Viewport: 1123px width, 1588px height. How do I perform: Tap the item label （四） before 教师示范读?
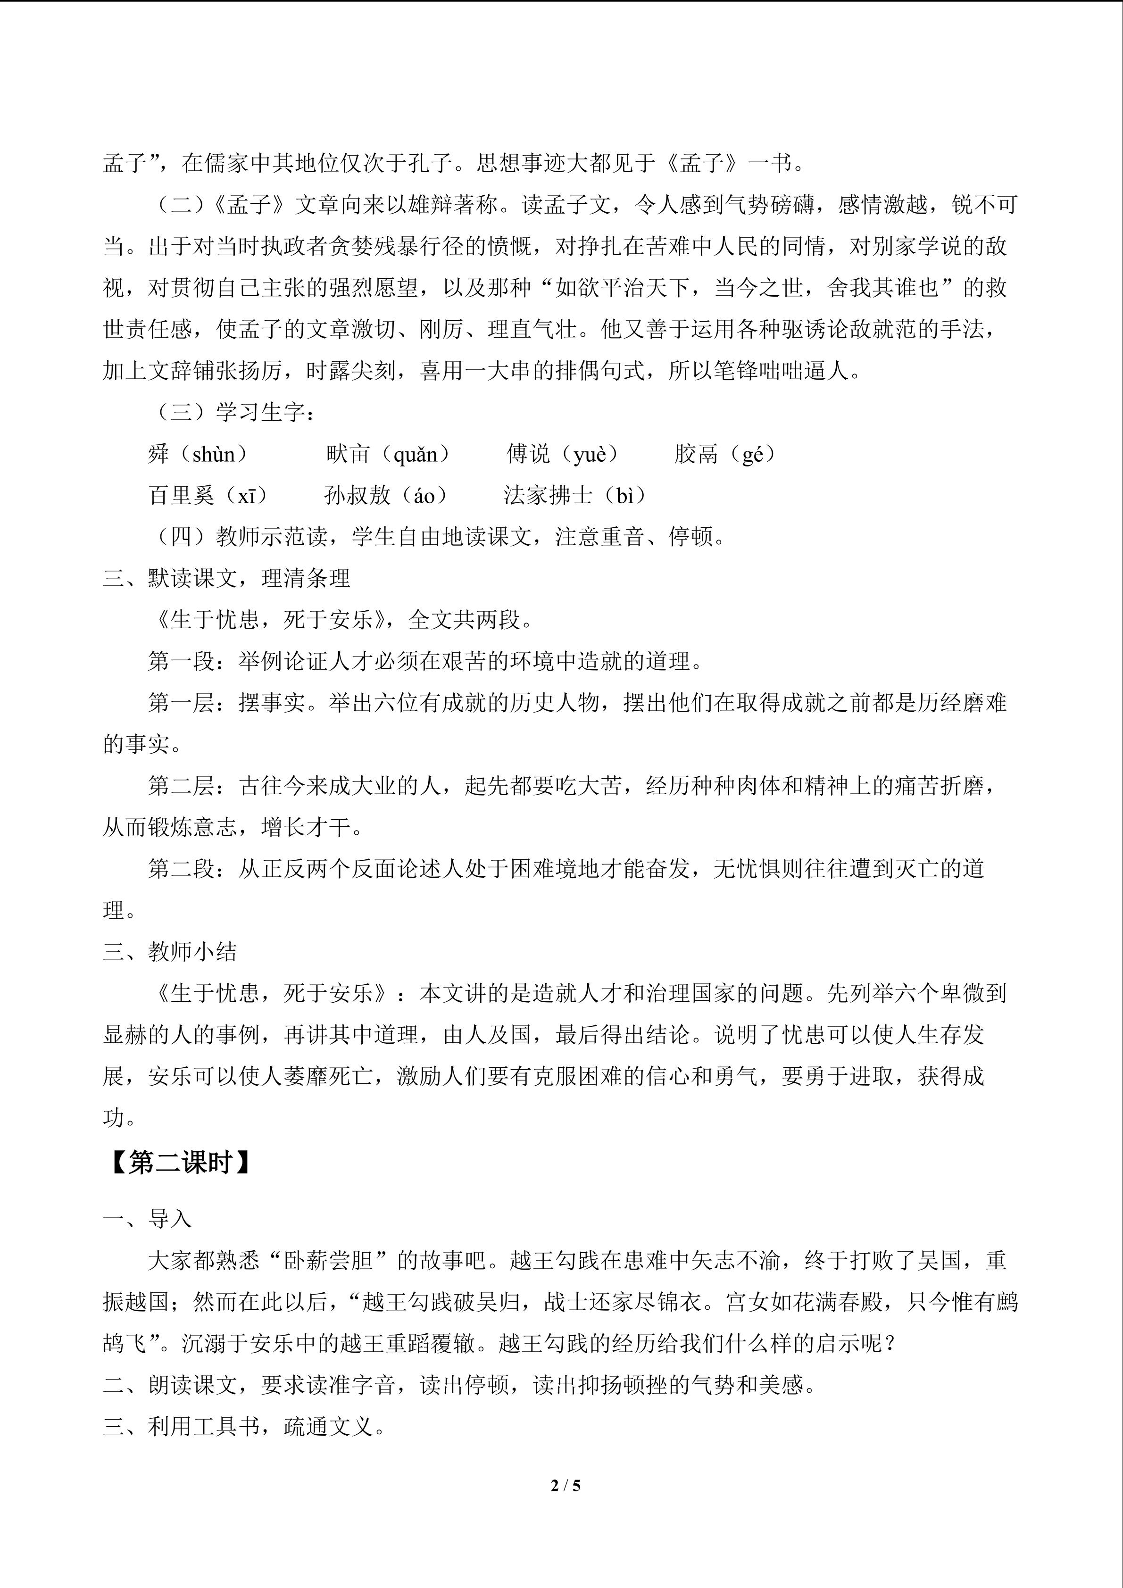181,537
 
